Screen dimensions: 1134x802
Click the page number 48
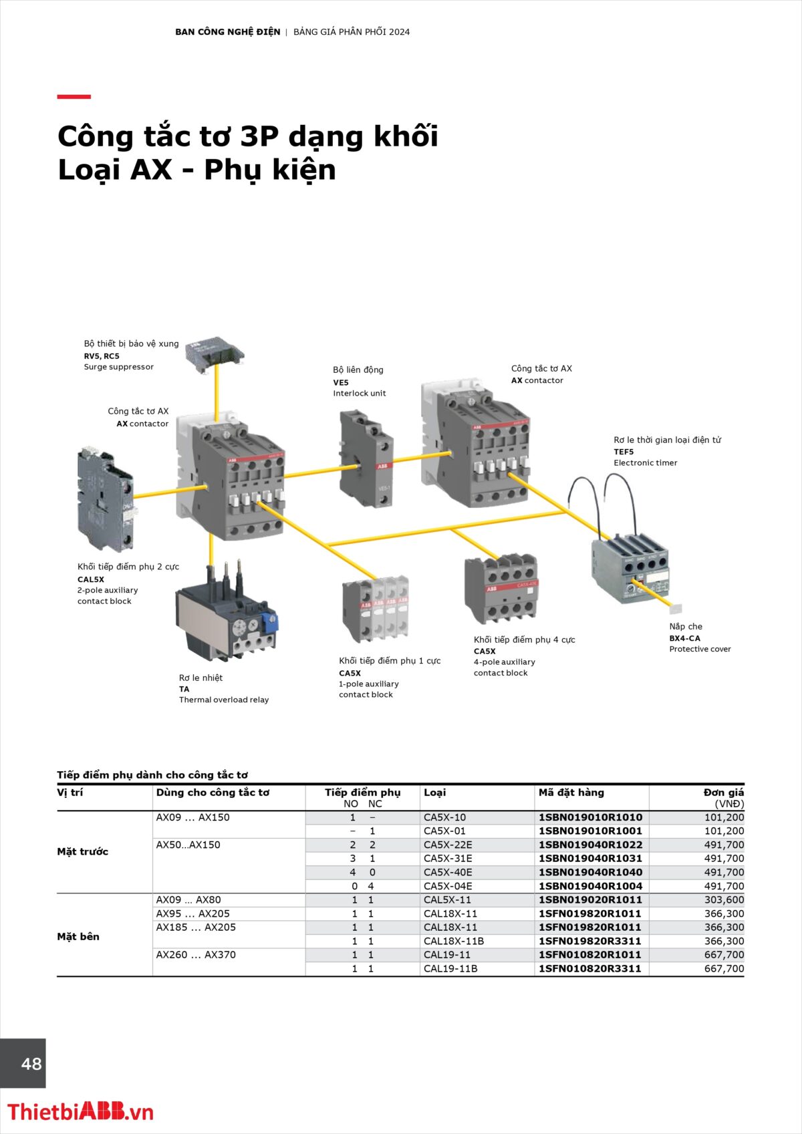coord(31,1064)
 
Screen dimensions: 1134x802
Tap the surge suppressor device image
coord(215,352)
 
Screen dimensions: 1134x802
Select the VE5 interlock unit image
coord(366,460)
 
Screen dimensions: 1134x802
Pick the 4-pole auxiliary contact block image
coord(501,588)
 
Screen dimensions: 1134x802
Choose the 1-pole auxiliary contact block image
coord(376,609)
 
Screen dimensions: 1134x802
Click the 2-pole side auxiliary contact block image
coord(105,500)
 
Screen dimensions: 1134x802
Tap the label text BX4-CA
coord(684,638)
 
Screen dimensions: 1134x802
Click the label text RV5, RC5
coord(102,356)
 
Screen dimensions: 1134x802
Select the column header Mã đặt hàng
coord(571,793)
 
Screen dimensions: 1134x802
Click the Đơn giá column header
coord(723,793)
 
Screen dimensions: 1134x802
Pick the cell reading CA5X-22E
coord(448,845)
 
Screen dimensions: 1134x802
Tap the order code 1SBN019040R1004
coord(590,886)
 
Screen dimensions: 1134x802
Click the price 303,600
coord(724,900)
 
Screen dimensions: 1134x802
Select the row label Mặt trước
coord(82,851)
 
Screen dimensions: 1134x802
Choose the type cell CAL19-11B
coord(450,968)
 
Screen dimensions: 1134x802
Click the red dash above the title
coord(74,97)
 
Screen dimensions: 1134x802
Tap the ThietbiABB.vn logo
coord(80,1111)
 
